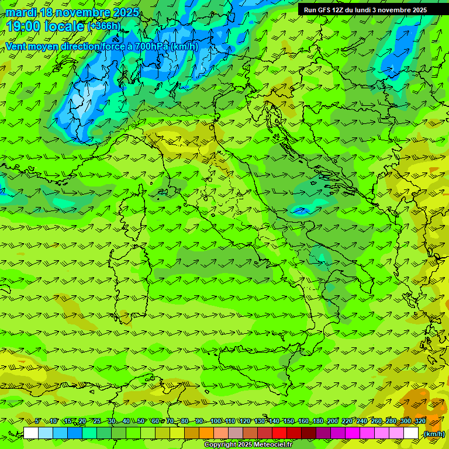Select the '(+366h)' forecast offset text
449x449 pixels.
pyautogui.click(x=104, y=26)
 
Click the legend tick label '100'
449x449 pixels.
pyautogui.click(x=216, y=422)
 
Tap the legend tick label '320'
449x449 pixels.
pyautogui.click(x=420, y=422)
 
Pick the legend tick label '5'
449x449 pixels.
pyautogui.click(x=38, y=422)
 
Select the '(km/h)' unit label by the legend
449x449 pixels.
pyautogui.click(x=434, y=434)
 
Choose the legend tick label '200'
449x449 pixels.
pyautogui.click(x=333, y=422)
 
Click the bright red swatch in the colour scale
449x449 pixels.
pyautogui.click(x=279, y=433)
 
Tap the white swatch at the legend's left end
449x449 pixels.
pyautogui.click(x=31, y=433)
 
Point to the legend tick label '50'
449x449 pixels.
pyautogui.click(x=141, y=422)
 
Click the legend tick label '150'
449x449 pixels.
pyautogui.click(x=289, y=422)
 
